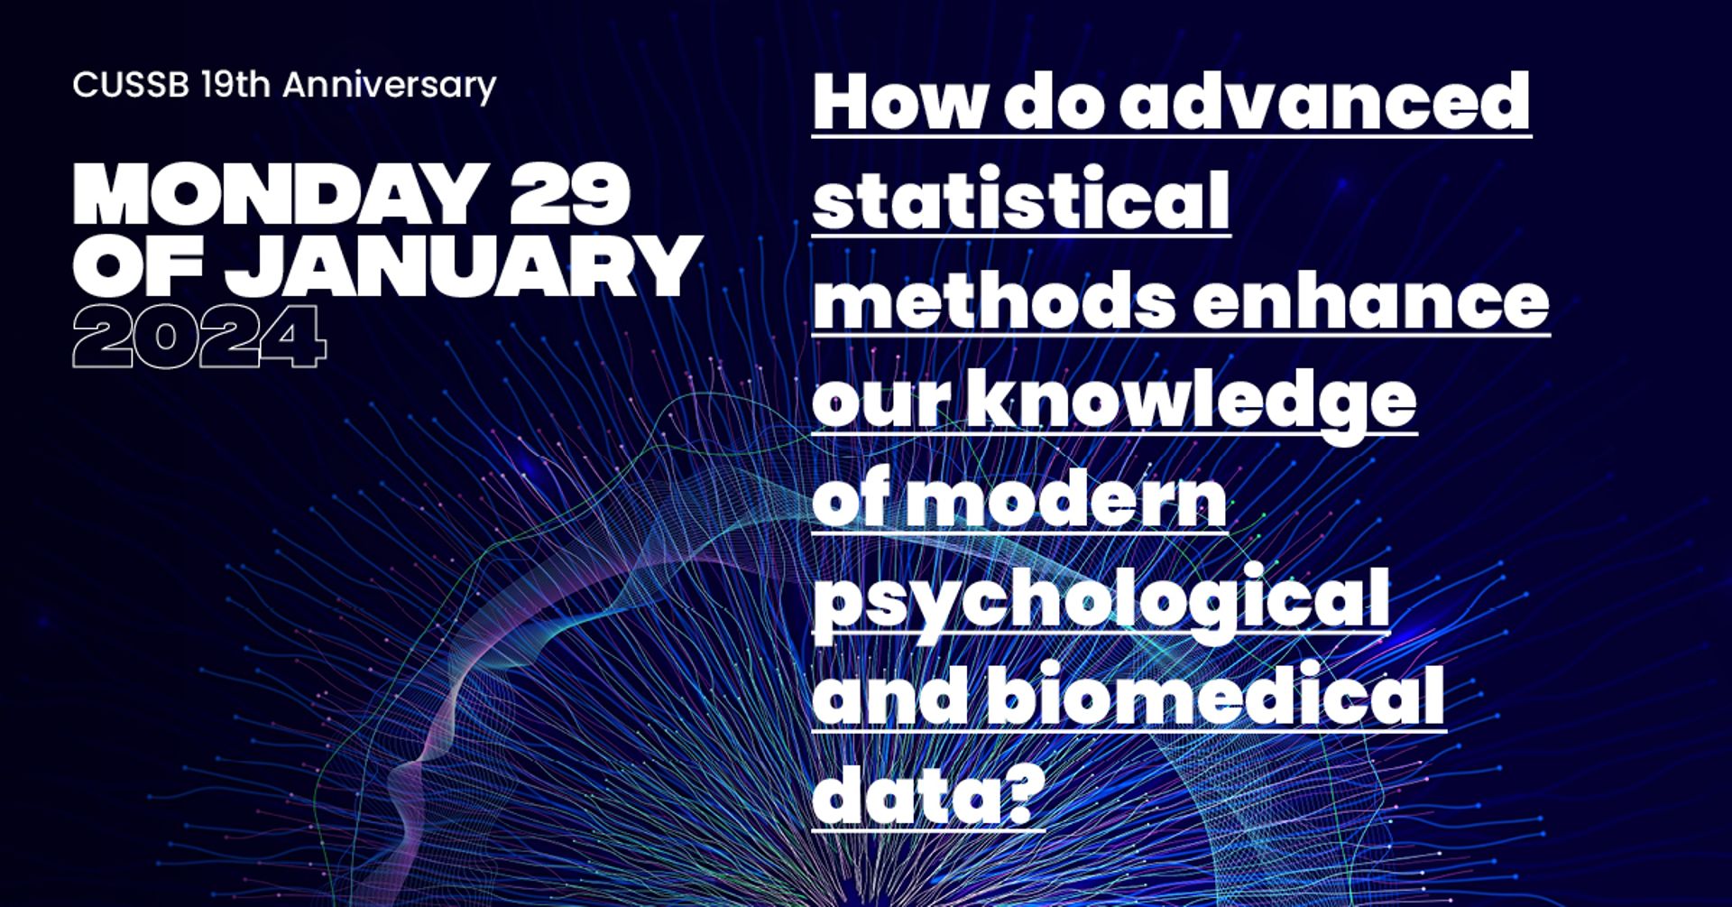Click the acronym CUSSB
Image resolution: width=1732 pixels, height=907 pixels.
coord(131,85)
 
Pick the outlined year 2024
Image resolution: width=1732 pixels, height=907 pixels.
coord(199,336)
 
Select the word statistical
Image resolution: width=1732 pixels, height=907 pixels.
coord(1021,199)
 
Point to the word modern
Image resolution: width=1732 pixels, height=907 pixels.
coord(1065,498)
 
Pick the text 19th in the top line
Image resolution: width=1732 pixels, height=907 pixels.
coord(235,85)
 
